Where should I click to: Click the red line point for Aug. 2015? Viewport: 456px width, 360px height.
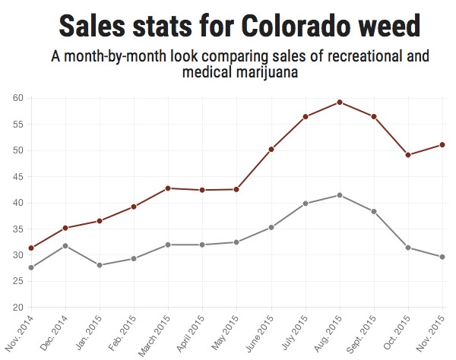[340, 102]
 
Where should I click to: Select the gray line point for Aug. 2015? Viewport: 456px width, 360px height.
[340, 195]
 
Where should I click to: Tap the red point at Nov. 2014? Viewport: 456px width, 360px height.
[31, 248]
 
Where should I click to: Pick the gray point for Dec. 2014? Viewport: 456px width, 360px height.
[65, 245]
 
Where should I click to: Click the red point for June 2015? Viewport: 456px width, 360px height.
[271, 150]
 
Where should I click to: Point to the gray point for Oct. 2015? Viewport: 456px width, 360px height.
[408, 248]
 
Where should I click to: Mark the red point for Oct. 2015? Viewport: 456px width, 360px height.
[408, 155]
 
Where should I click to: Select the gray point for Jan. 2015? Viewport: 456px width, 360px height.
[100, 265]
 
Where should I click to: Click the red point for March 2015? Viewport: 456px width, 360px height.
[168, 188]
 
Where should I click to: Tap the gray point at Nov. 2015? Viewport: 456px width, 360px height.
[442, 257]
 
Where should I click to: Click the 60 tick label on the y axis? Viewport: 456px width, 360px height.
[17, 98]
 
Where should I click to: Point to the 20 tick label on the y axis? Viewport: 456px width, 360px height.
[17, 308]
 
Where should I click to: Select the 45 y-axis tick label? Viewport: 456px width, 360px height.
[17, 177]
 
